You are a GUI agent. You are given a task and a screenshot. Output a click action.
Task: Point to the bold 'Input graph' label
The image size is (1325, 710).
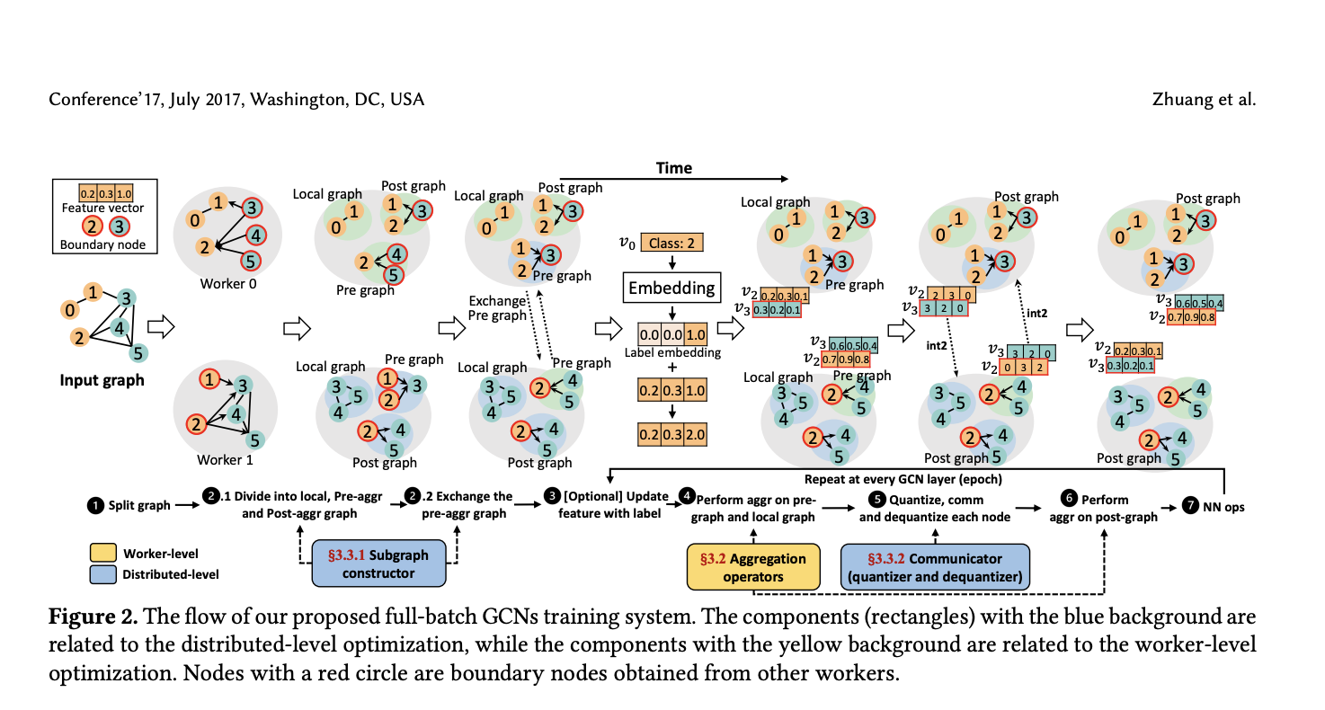tap(102, 380)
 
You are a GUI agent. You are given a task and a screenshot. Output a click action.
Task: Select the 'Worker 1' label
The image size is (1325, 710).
tap(219, 460)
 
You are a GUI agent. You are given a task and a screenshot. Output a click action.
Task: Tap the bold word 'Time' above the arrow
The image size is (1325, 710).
tap(673, 168)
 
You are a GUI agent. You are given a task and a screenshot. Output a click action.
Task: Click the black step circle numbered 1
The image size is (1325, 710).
tap(94, 505)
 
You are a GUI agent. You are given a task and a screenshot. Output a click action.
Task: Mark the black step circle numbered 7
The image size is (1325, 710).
tap(1191, 505)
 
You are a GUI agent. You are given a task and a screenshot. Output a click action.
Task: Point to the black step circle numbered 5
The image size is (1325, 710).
tap(876, 499)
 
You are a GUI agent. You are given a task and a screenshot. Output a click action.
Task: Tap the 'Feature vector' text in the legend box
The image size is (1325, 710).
tap(102, 209)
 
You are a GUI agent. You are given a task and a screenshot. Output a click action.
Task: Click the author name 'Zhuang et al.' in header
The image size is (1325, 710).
tap(1204, 99)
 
